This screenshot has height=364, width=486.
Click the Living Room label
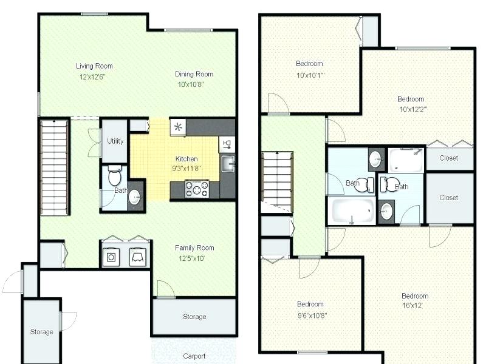tap(94, 66)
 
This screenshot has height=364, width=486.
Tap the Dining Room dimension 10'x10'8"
tap(191, 84)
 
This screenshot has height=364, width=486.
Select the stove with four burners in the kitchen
tap(196, 189)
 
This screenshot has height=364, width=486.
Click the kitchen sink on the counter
tap(227, 164)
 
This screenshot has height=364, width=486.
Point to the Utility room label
tap(115, 141)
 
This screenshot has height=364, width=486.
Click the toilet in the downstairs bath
tap(114, 175)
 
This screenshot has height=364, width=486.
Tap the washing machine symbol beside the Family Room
tap(111, 257)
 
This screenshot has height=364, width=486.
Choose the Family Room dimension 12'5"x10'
tap(191, 258)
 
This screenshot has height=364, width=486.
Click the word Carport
tap(194, 356)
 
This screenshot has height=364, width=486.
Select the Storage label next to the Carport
tap(194, 317)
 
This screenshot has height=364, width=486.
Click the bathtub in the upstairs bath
tap(352, 211)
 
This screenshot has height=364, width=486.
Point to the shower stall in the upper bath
tap(406, 160)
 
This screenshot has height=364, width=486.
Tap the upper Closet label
tap(448, 158)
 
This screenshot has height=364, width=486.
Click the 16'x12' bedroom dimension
tap(412, 306)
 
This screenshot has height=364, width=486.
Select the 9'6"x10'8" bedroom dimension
tap(312, 315)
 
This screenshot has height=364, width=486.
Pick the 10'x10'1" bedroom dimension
tap(310, 75)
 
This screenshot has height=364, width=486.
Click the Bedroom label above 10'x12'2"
tap(411, 99)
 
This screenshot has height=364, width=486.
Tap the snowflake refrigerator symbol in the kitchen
tap(178, 127)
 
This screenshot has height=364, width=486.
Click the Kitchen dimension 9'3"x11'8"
tap(187, 169)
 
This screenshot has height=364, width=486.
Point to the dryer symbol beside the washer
tap(138, 257)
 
